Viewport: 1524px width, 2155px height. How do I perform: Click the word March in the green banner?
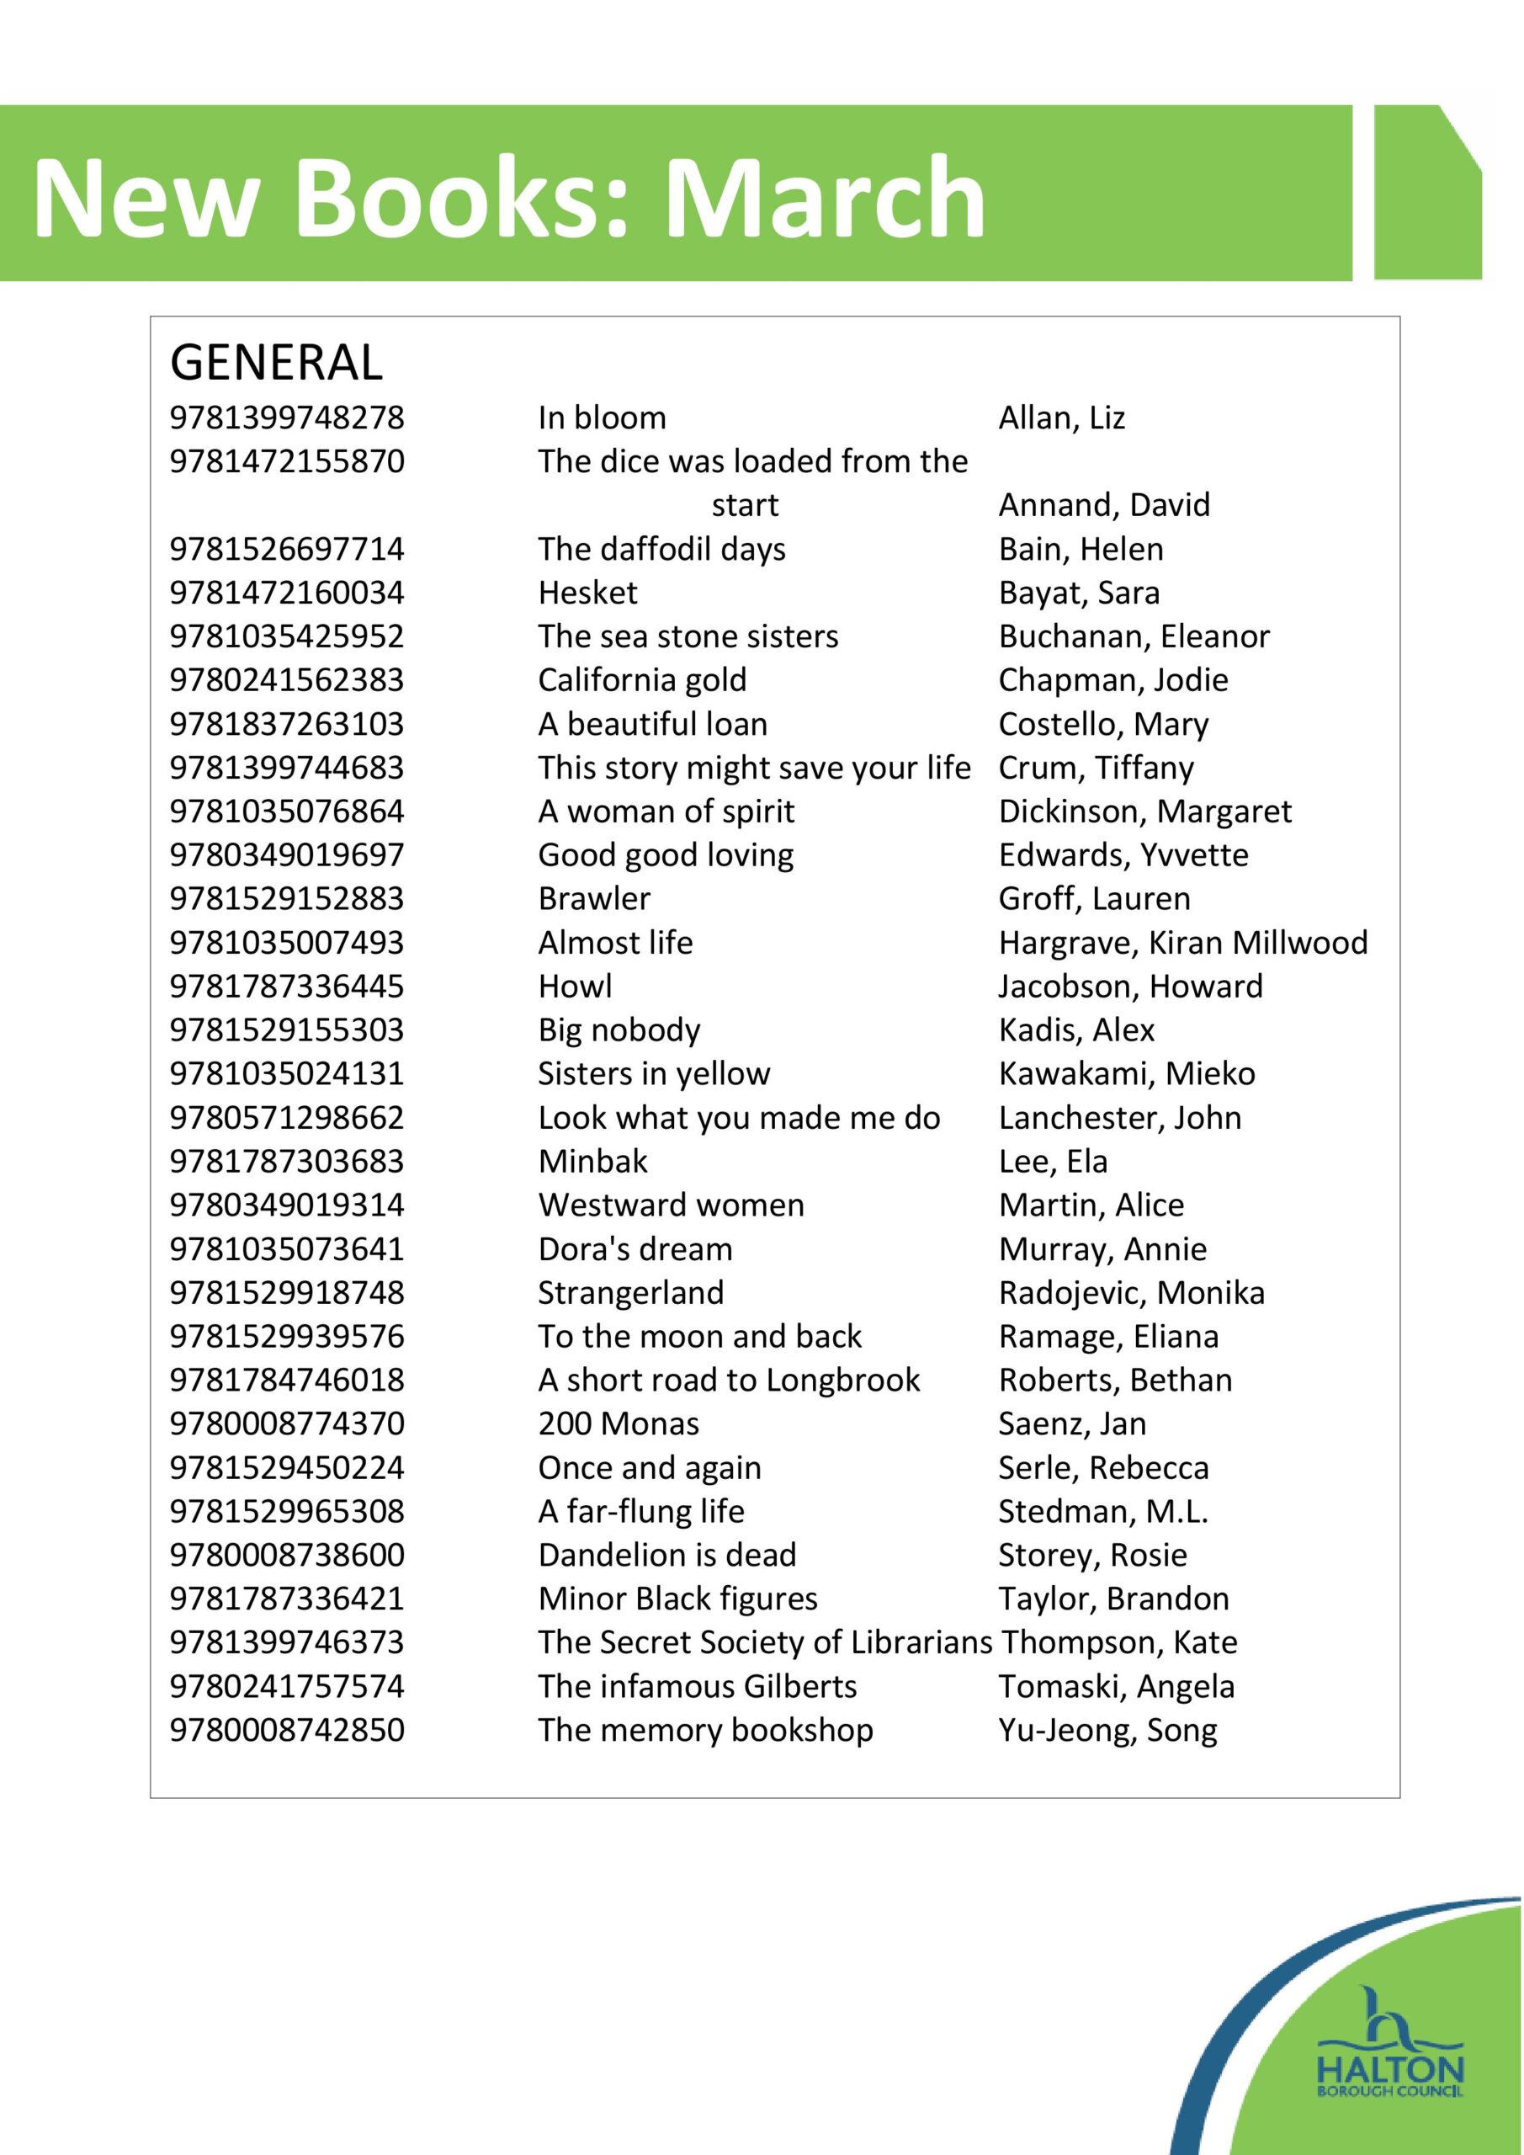[825, 197]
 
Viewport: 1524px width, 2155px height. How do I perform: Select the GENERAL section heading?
[276, 362]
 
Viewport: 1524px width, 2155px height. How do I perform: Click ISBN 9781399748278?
[286, 418]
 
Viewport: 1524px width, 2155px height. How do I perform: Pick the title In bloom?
[602, 418]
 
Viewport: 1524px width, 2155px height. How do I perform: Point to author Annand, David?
[1103, 505]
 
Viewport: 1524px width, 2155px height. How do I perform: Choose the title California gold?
[642, 679]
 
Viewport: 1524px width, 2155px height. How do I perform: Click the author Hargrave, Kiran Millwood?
[1182, 942]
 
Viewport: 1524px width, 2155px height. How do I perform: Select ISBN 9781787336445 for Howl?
[286, 987]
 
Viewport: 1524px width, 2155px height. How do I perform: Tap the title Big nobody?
[619, 1030]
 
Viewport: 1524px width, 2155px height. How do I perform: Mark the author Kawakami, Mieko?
[1126, 1074]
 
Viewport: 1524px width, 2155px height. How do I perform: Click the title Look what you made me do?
[739, 1118]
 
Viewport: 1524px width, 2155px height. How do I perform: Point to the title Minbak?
[592, 1161]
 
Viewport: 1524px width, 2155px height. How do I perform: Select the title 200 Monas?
[619, 1423]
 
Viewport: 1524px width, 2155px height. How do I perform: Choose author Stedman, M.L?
[1102, 1511]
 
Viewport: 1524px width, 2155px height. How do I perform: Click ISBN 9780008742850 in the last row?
[286, 1730]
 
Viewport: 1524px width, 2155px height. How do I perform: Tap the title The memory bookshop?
[704, 1730]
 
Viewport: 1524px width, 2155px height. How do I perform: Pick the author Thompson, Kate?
[1118, 1642]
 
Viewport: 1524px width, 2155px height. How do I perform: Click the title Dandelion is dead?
[666, 1556]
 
